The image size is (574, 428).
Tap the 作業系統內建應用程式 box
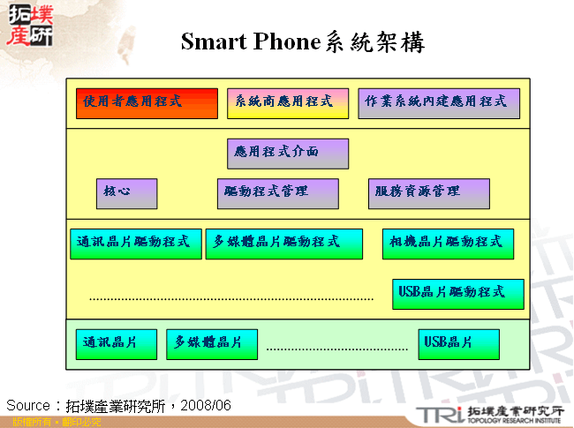click(439, 103)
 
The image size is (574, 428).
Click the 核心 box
click(126, 193)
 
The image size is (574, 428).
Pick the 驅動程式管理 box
click(277, 193)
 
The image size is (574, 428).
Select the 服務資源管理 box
click(428, 193)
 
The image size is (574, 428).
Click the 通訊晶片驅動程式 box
click(135, 244)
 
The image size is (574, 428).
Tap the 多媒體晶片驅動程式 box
click(283, 244)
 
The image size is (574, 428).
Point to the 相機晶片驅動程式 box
click(448, 244)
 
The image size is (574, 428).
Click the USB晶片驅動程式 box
click(457, 294)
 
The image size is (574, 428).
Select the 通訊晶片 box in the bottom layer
click(116, 344)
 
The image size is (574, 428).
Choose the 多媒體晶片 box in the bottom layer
click(212, 344)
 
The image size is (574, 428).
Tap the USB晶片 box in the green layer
click(458, 344)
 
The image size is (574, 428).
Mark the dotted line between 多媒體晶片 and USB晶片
click(336, 349)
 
